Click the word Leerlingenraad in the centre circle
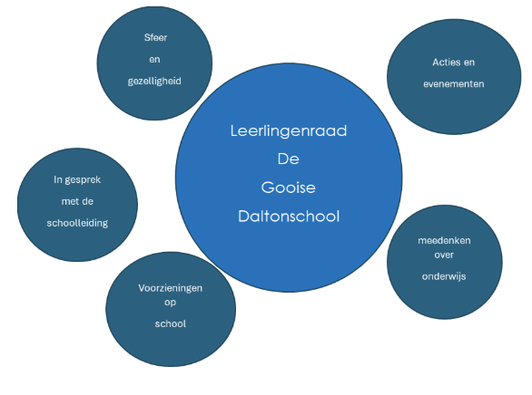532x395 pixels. point(289,131)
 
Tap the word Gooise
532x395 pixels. point(289,188)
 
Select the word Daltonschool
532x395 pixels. point(289,217)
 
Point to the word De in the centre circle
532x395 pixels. point(289,159)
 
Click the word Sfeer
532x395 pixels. point(155,37)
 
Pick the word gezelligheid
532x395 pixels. point(154,82)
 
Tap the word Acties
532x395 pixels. point(444,63)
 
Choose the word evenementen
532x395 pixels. point(454,84)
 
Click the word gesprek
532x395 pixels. point(83,180)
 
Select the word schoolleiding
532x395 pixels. point(77,223)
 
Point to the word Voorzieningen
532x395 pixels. point(171,288)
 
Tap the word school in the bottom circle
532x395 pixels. point(171,324)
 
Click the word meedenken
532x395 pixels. point(444,240)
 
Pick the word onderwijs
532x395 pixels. point(444,276)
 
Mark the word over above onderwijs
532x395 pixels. point(444,255)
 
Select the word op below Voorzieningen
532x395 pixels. point(171,303)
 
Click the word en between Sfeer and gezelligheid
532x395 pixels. point(154,60)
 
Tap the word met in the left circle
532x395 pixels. point(69,201)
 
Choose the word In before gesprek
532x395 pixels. point(58,179)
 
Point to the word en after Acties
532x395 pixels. point(468,63)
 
